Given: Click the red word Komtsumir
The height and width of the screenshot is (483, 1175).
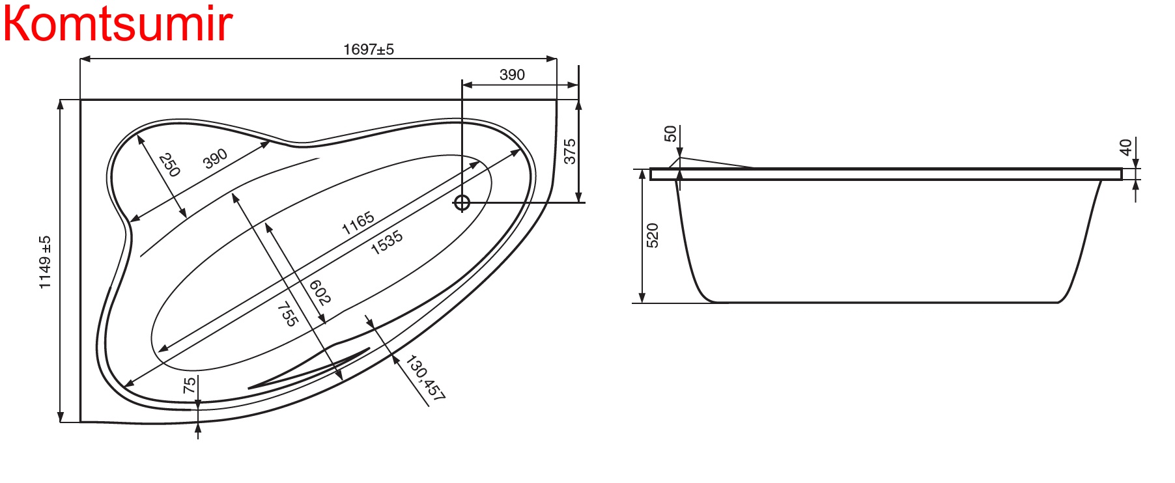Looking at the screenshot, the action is tap(118, 24).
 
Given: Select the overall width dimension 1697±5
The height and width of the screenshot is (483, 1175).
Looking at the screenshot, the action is tap(369, 49).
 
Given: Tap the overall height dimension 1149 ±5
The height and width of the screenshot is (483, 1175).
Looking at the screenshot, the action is tap(45, 262).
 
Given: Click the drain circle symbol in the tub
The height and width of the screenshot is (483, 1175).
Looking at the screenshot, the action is tap(462, 202).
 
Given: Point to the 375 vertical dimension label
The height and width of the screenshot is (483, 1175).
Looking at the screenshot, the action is tap(570, 152).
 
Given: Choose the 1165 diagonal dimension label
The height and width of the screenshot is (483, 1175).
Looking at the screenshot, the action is tap(358, 223).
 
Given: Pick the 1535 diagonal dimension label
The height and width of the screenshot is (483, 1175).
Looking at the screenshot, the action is tap(387, 242).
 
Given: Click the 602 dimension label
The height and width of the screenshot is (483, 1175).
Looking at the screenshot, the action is tap(319, 292).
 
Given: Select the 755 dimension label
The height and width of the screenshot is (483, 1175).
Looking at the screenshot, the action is tap(288, 314).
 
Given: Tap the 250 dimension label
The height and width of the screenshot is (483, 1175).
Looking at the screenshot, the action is tap(169, 165).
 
